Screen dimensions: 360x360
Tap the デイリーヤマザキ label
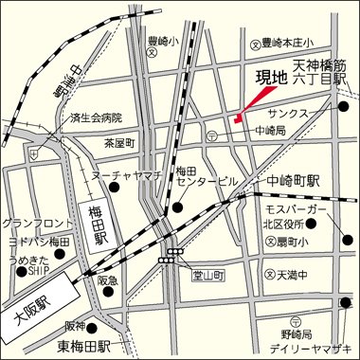click(x=315, y=348)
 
